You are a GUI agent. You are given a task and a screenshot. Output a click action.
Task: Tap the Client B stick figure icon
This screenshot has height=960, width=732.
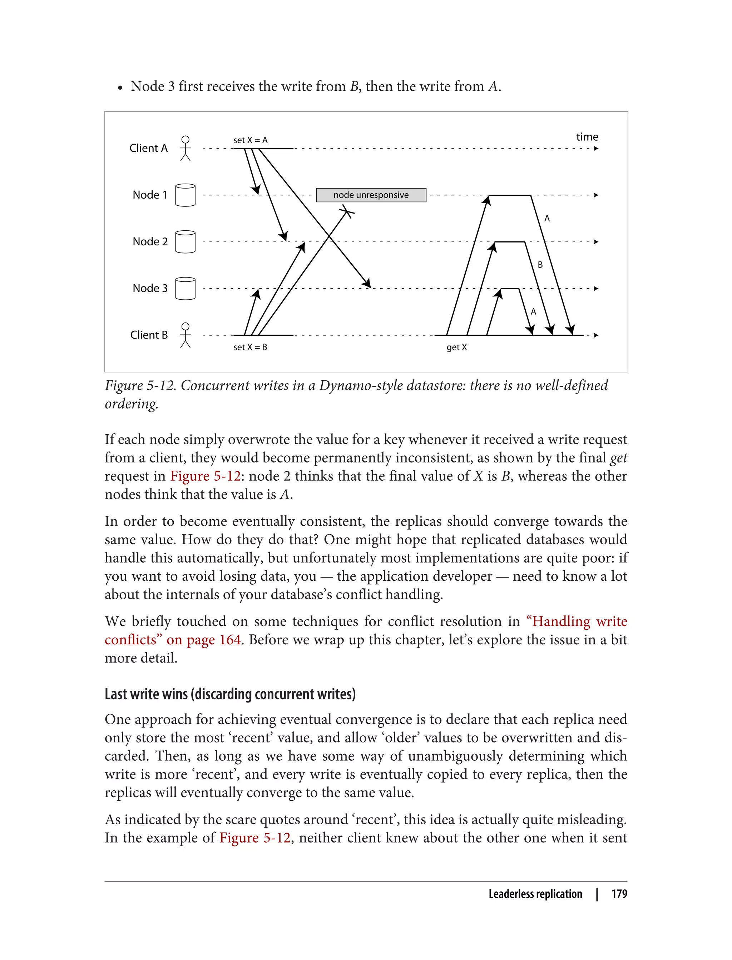185,335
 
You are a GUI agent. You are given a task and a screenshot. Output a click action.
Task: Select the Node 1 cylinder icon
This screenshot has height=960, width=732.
185,195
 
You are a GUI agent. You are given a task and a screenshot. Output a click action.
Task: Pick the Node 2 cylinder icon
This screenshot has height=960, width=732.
185,242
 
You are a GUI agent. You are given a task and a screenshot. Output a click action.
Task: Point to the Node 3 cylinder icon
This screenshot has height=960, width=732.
185,288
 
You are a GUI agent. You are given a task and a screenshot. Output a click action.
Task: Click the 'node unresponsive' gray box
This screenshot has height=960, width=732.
371,195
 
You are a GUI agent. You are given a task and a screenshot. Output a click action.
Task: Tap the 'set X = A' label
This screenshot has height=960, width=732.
250,140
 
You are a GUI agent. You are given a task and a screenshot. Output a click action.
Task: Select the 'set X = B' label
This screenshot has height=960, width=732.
250,347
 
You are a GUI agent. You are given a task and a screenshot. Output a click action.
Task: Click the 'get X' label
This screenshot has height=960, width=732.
456,347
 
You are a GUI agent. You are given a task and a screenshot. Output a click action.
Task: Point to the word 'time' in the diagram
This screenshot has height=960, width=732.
587,137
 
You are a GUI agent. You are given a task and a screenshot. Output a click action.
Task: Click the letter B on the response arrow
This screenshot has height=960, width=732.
540,265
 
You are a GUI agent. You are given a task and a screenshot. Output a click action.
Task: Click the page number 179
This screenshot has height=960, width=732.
619,894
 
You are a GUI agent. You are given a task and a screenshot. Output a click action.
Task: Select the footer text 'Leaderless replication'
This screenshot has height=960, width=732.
535,894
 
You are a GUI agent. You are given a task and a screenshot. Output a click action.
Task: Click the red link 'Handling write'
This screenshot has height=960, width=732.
579,621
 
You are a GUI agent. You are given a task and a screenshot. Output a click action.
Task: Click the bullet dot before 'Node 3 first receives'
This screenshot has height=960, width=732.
120,88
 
